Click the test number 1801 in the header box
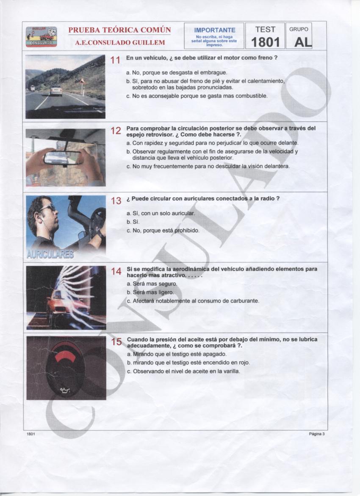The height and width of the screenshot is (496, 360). tap(265, 42)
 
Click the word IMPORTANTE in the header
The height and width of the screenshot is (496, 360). tap(214, 30)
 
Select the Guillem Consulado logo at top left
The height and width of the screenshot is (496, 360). tap(41, 36)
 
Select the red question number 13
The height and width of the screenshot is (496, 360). tap(116, 201)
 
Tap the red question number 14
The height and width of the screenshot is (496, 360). tap(116, 272)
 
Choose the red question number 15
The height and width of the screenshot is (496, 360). tap(116, 342)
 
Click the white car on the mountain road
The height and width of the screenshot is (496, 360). tap(56, 90)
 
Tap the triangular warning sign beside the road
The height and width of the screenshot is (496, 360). tap(82, 81)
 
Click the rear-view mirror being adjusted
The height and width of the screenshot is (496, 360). tap(62, 158)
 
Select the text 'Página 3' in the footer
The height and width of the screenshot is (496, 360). tap(316, 434)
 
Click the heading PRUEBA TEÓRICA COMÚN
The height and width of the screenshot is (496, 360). tap(119, 31)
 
